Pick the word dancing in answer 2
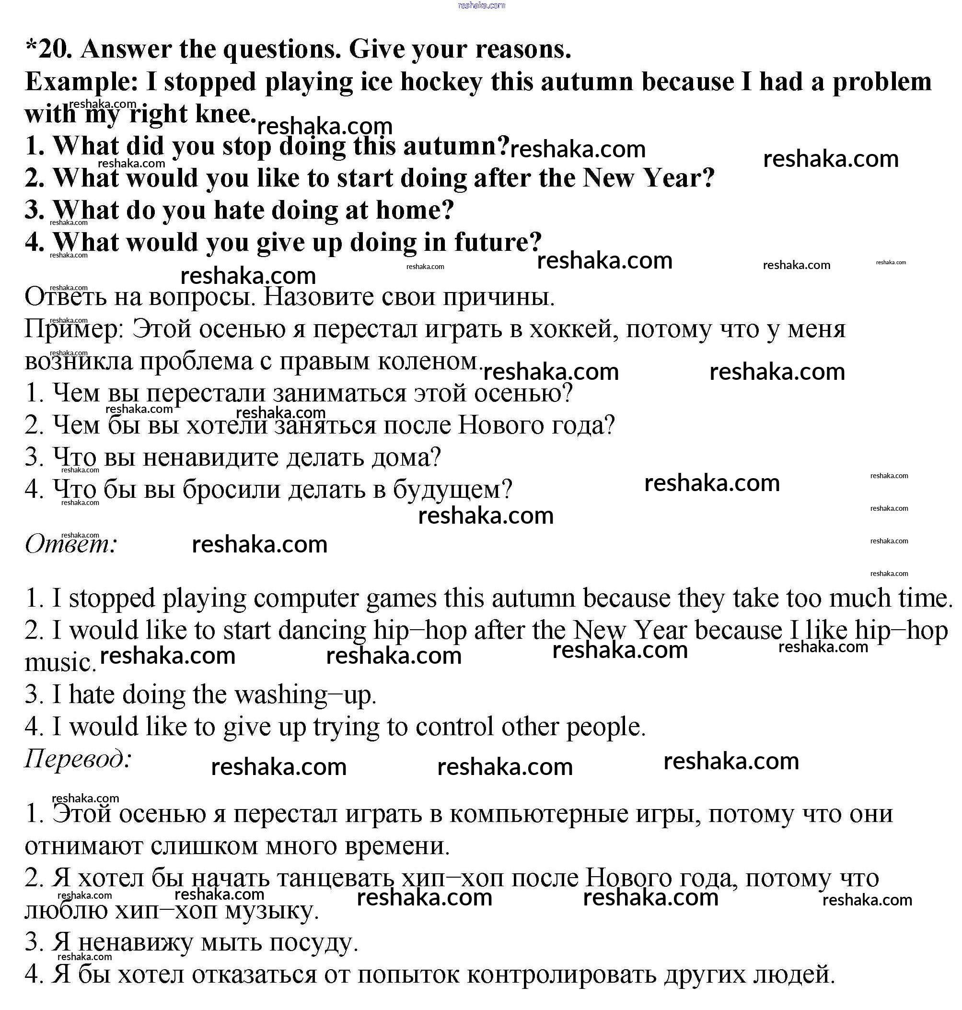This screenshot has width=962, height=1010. (x=322, y=631)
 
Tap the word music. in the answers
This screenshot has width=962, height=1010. (x=60, y=663)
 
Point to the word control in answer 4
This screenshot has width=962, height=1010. (x=454, y=727)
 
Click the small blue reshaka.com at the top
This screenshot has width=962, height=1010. (x=482, y=5)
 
